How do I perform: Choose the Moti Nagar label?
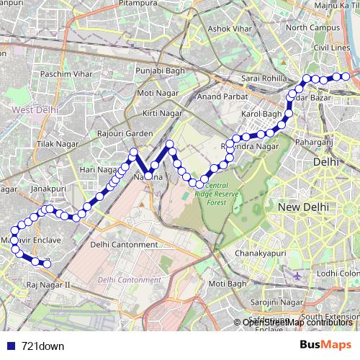156,93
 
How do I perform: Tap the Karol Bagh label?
261,114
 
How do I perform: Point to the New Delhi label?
303,207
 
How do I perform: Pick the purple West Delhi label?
32,109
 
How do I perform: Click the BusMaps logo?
325,345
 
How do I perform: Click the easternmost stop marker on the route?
346,76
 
